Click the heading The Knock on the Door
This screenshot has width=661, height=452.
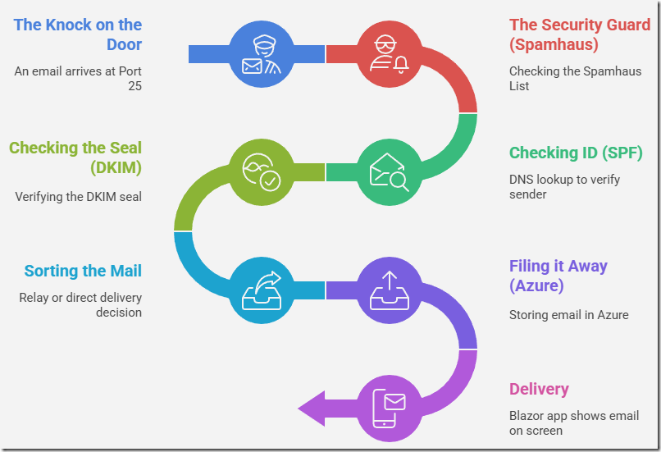[78, 34]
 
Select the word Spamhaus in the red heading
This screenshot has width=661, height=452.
[554, 44]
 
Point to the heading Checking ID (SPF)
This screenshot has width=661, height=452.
[575, 153]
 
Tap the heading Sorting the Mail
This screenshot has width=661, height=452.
[83, 271]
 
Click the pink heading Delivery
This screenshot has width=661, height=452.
[539, 389]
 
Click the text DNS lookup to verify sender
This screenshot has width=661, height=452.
[564, 186]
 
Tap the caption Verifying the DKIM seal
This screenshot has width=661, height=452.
[78, 197]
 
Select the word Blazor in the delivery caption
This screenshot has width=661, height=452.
[527, 416]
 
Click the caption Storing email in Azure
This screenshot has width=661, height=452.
[568, 314]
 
